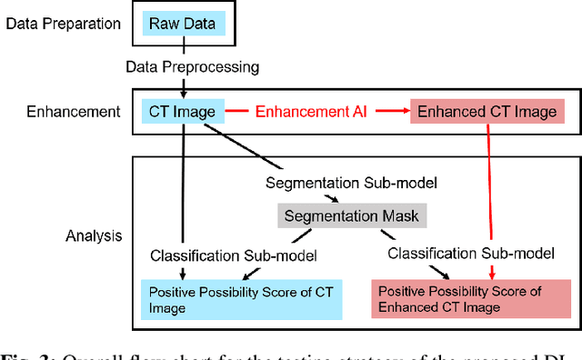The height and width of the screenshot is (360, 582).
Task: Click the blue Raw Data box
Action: [183, 22]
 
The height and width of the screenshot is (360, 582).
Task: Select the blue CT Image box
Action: [183, 113]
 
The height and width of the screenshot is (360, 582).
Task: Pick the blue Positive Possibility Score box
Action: [240, 300]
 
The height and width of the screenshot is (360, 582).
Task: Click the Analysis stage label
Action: [94, 236]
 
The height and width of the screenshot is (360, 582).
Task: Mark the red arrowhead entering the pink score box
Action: [492, 275]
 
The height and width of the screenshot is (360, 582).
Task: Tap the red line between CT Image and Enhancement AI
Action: [236, 113]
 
